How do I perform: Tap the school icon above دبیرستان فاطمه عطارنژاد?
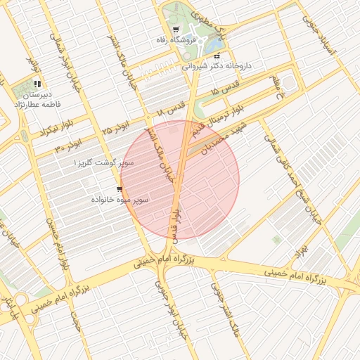(x=37, y=83)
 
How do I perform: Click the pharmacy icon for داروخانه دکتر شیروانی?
(x=217, y=56)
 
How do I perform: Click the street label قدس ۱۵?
(x=226, y=92)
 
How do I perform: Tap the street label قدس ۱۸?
(x=170, y=108)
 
